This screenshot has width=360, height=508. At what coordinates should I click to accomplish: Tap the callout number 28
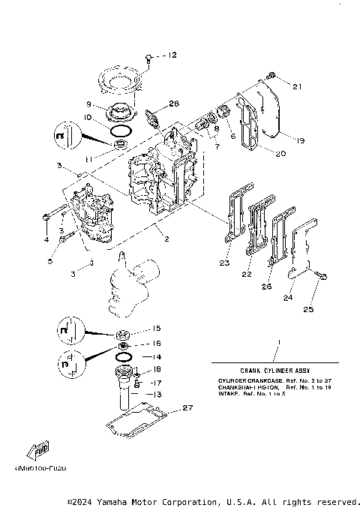pos(174,104)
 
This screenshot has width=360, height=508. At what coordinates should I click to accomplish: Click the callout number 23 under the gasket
pos(223,263)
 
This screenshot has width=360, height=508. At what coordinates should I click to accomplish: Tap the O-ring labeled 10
pos(118,130)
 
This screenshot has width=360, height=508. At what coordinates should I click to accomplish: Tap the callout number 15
pos(156,329)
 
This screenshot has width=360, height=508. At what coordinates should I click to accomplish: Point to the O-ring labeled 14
pos(127,356)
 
